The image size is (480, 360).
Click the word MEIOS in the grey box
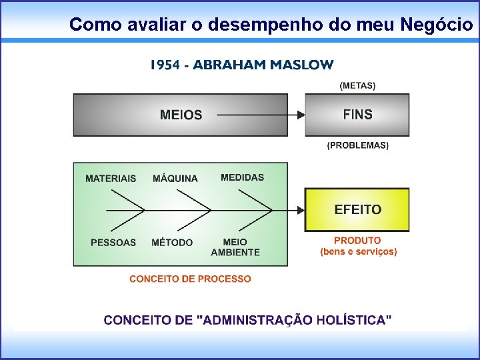click(181, 115)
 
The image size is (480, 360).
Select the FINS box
click(357, 115)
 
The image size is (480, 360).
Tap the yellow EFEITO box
click(357, 209)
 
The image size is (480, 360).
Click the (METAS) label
click(357, 85)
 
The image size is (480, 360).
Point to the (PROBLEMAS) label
click(357, 145)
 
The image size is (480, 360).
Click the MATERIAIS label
click(111, 178)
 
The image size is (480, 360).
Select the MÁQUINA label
click(175, 178)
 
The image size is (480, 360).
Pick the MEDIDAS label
click(242, 177)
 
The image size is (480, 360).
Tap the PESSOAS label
click(113, 242)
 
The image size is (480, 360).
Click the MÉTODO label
click(172, 242)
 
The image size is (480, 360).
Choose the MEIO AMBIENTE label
click(235, 247)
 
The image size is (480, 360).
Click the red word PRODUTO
click(357, 240)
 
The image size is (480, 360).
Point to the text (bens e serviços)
click(359, 251)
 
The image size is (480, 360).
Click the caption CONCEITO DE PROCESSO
click(190, 279)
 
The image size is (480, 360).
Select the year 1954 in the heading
click(165, 65)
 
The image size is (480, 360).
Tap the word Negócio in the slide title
click(437, 25)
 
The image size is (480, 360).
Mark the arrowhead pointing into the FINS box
click(301, 115)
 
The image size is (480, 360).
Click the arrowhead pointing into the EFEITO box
click(301, 209)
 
